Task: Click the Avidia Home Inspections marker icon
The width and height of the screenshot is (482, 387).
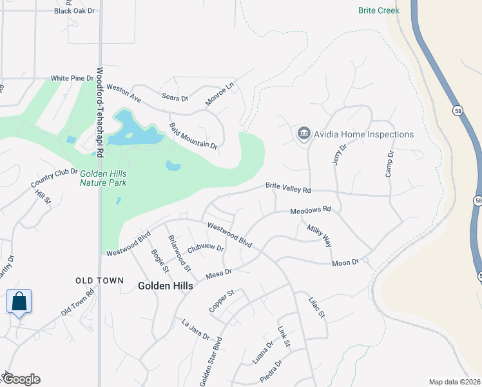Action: click(304, 134)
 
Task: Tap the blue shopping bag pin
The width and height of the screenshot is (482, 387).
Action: click(19, 301)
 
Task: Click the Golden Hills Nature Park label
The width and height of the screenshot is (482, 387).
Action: click(103, 178)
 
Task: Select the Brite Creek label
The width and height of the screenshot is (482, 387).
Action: click(379, 10)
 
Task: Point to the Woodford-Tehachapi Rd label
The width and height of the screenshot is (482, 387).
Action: click(101, 113)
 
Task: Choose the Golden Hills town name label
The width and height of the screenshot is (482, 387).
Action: click(165, 286)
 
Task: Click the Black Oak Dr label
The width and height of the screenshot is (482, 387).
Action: click(74, 11)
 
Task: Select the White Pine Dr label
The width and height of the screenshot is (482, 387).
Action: click(72, 78)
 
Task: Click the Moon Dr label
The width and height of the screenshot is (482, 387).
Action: click(345, 263)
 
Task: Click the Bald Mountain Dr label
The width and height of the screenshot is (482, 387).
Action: click(193, 135)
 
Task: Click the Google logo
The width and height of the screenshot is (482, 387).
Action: click(21, 379)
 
